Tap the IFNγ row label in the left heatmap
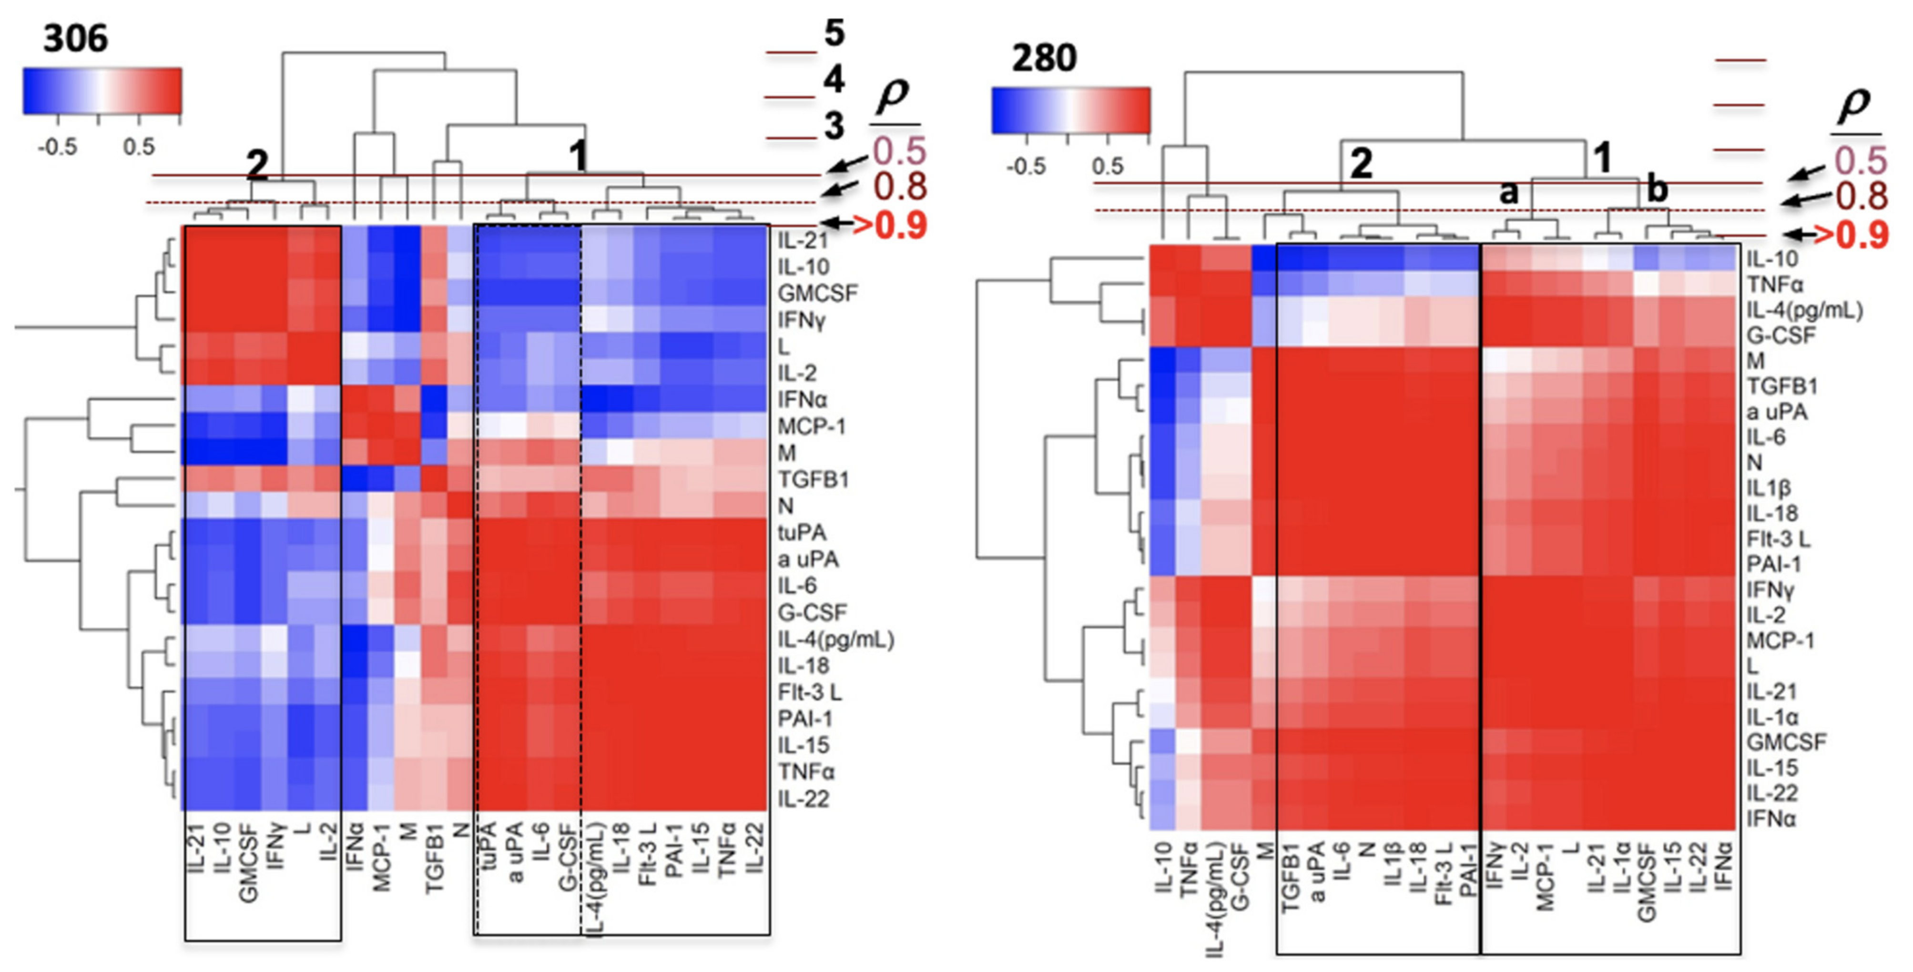tap(802, 321)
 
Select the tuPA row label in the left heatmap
tap(802, 532)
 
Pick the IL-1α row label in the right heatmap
tap(1771, 717)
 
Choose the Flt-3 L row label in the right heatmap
tap(1778, 539)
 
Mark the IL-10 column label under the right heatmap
tap(1164, 865)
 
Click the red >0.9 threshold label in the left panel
tap(890, 225)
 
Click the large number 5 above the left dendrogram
tap(834, 33)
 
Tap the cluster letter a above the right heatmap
tap(1508, 193)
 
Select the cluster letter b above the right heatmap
tap(1657, 190)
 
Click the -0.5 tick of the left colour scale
tap(58, 147)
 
